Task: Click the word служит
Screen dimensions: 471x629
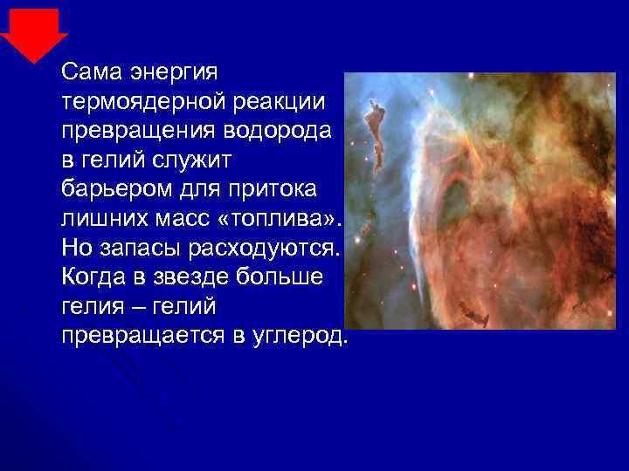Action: click(206, 159)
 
